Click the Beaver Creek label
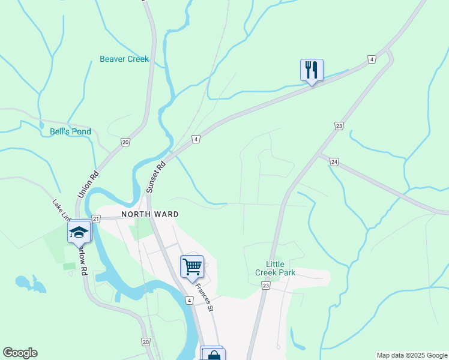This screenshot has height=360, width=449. (124, 59)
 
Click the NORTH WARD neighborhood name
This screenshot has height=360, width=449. (150, 214)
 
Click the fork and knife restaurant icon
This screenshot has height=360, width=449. (312, 70)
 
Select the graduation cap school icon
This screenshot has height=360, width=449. (79, 232)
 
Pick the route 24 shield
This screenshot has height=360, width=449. (334, 162)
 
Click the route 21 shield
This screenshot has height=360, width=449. (96, 219)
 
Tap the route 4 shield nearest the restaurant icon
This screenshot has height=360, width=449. (372, 59)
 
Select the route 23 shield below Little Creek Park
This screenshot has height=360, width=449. (266, 286)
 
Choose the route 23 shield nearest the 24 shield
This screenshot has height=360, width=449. (339, 126)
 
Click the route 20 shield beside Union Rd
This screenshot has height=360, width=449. (125, 142)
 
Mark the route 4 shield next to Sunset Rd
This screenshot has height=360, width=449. (196, 139)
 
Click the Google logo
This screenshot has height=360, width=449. (20, 353)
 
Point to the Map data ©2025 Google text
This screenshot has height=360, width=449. (411, 355)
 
